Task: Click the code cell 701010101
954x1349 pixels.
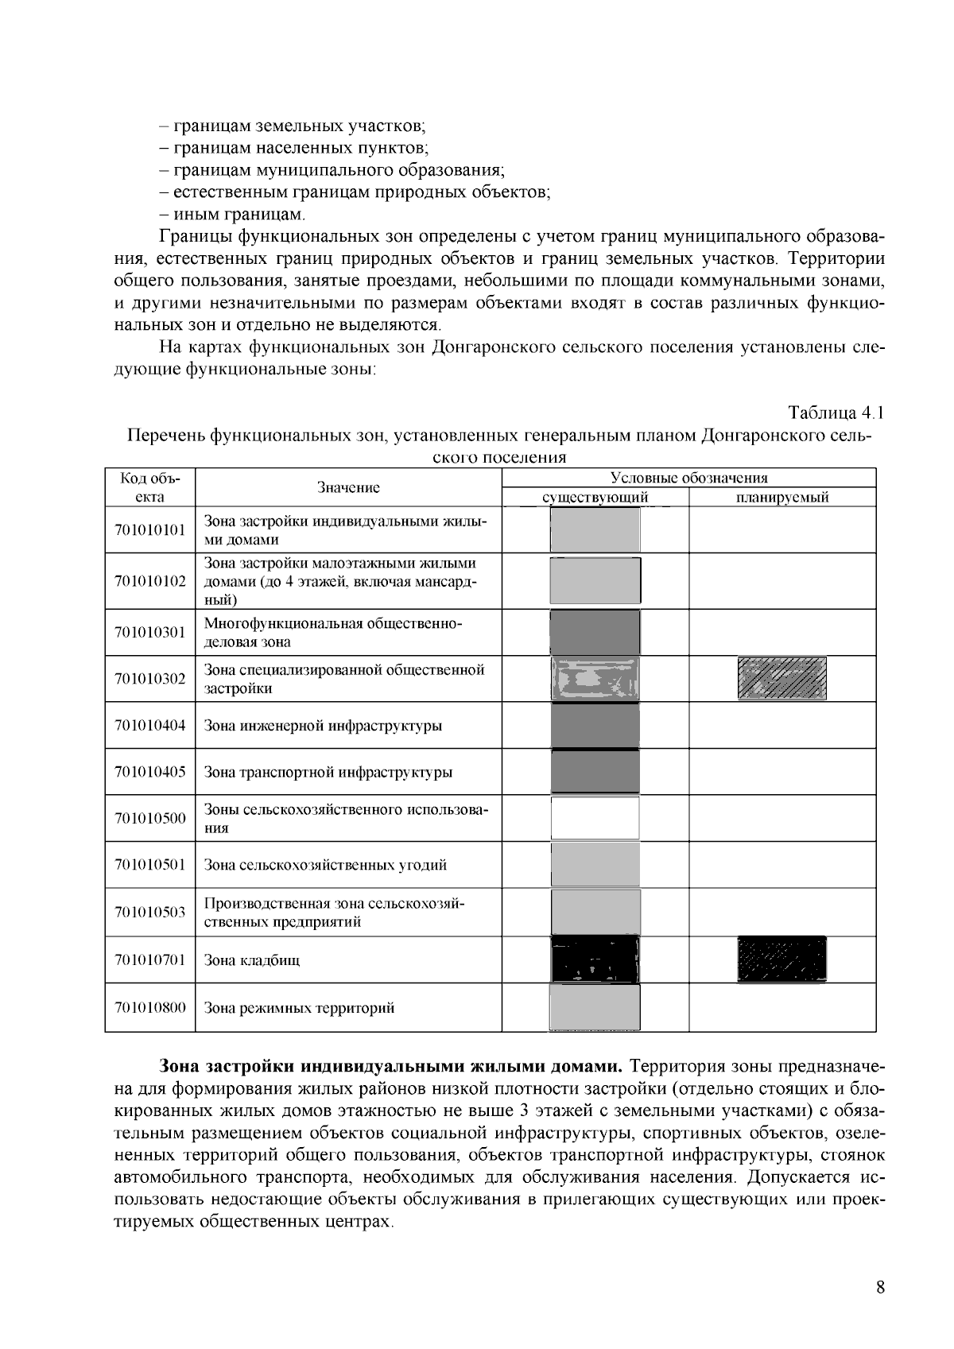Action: pyautogui.click(x=150, y=530)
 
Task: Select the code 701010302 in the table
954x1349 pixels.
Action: pyautogui.click(x=150, y=679)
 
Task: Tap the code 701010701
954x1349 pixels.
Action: pyautogui.click(x=150, y=959)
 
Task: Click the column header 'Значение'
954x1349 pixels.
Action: pyautogui.click(x=348, y=487)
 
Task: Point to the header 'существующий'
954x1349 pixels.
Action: pyautogui.click(x=595, y=498)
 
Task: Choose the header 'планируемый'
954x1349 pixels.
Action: pyautogui.click(x=782, y=498)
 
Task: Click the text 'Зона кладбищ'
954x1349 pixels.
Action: pyautogui.click(x=252, y=959)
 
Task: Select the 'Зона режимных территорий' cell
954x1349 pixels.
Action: pyautogui.click(x=300, y=1008)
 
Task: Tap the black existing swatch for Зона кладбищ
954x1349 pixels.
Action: pyautogui.click(x=595, y=959)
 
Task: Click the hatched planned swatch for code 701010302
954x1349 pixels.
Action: pyautogui.click(x=782, y=678)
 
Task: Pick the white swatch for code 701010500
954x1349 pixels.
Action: pyautogui.click(x=595, y=818)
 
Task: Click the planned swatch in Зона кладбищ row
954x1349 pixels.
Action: pyautogui.click(x=782, y=959)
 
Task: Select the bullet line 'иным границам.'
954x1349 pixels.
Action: pyautogui.click(x=234, y=215)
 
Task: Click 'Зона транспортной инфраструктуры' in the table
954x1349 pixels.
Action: pyautogui.click(x=328, y=772)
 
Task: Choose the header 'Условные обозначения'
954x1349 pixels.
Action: pyautogui.click(x=688, y=478)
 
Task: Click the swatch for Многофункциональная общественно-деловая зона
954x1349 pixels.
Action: pyautogui.click(x=595, y=632)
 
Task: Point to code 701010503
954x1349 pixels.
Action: pyautogui.click(x=150, y=913)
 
